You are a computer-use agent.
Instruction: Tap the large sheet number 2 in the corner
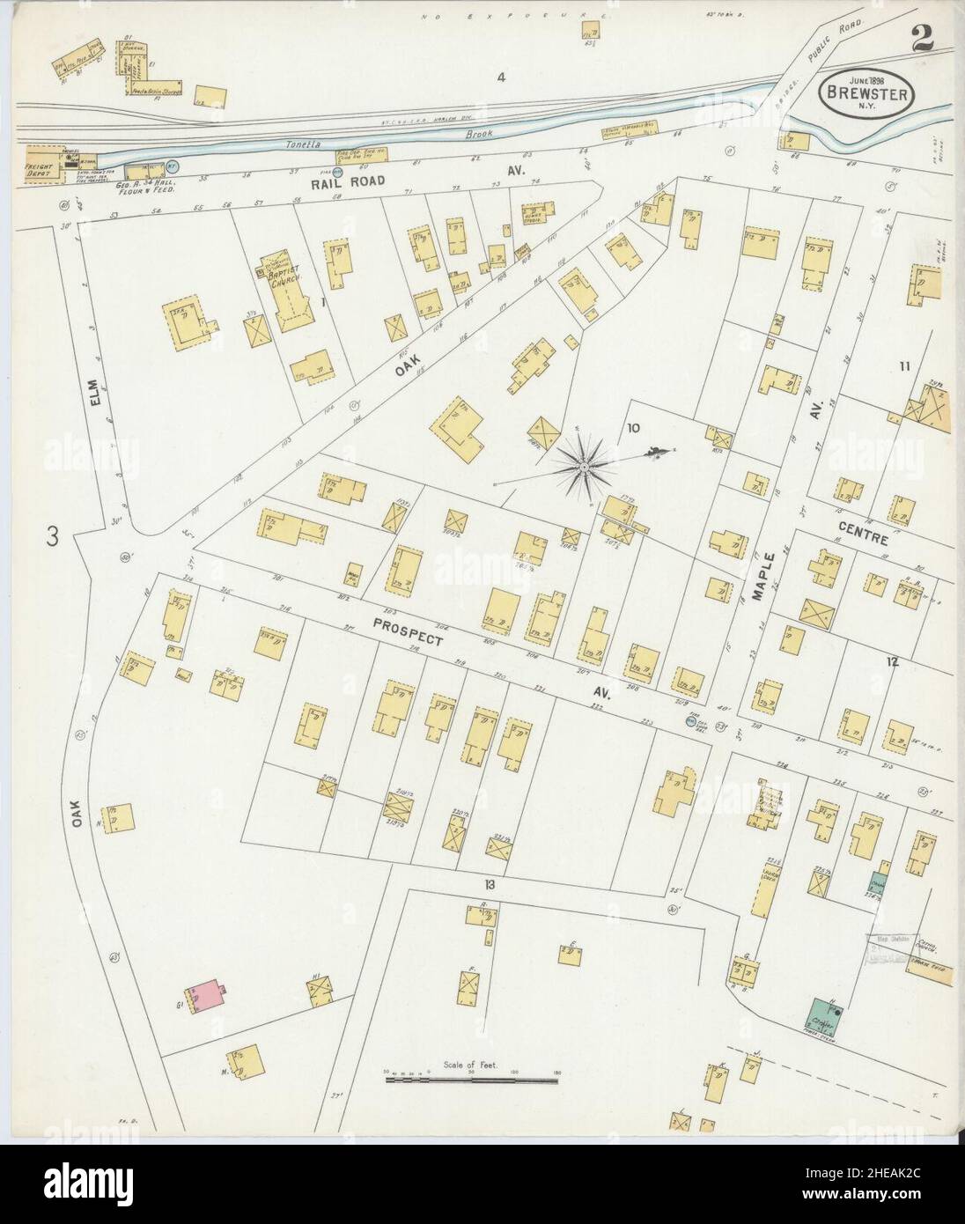922,38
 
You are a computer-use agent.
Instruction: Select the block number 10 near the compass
632,429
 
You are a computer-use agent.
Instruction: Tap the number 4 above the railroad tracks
501,77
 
